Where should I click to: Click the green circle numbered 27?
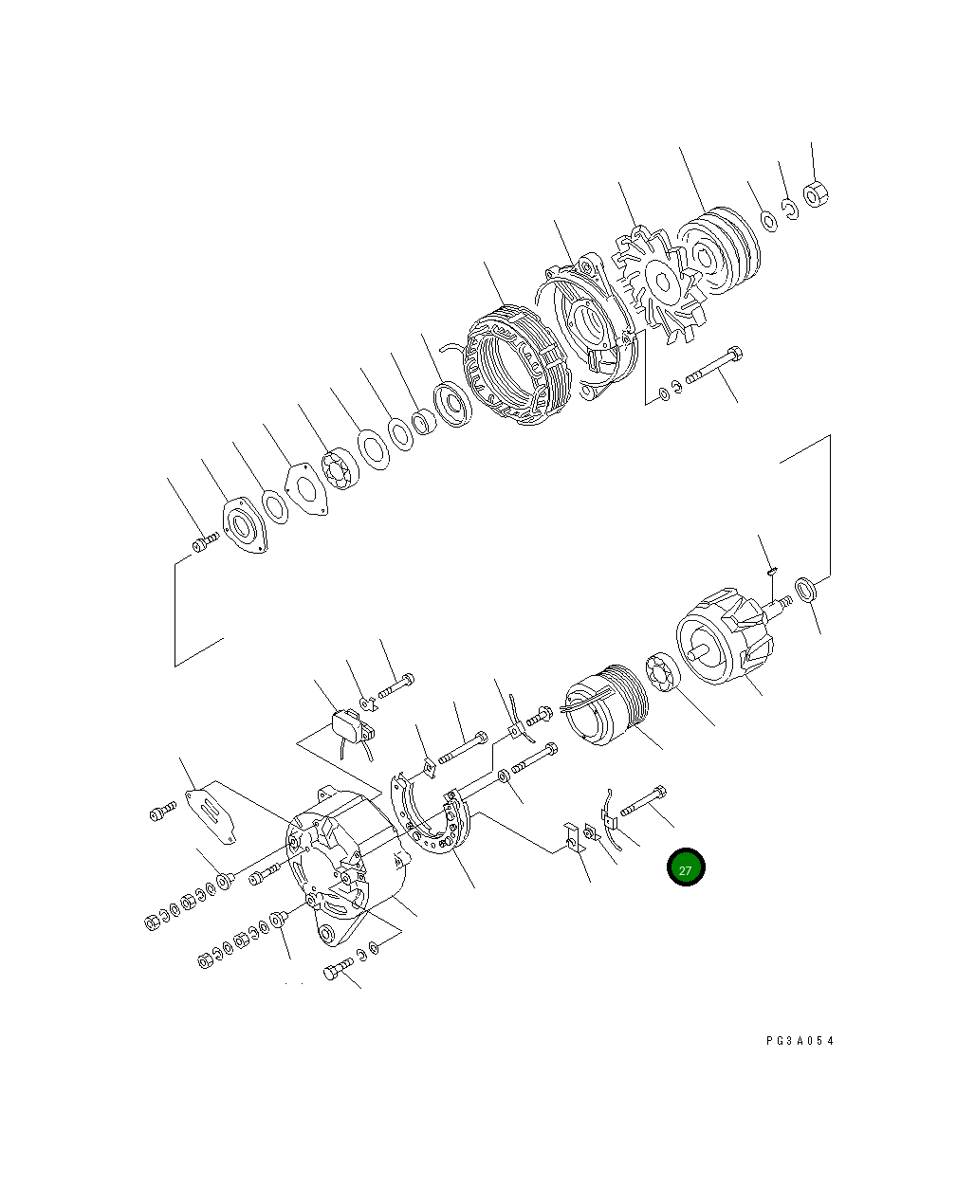click(686, 867)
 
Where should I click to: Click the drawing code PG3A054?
click(800, 1040)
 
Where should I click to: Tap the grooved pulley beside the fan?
click(717, 251)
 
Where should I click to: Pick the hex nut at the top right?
click(816, 194)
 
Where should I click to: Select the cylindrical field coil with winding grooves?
click(603, 707)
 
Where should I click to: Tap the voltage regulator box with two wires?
click(352, 727)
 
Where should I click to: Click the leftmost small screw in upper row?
click(204, 543)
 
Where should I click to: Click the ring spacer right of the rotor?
click(805, 589)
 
